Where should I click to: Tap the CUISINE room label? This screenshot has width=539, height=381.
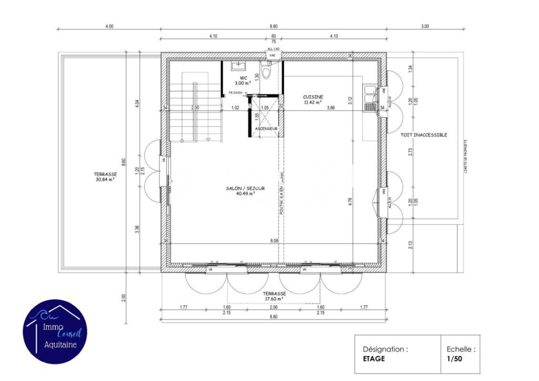[x=313, y=97]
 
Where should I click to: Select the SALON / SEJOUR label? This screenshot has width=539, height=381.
[x=245, y=188]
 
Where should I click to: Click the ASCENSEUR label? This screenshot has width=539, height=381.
[x=266, y=128]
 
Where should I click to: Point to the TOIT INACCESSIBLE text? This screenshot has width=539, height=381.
[x=423, y=135]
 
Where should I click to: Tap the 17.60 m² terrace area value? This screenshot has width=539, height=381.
[x=274, y=299]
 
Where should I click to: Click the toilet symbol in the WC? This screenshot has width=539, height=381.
[x=266, y=72]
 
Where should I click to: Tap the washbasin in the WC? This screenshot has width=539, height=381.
[x=239, y=66]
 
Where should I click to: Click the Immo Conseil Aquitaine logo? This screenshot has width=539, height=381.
[x=55, y=331]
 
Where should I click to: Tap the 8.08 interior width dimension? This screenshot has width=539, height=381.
[x=274, y=240]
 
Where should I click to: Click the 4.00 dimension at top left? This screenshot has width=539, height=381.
[x=109, y=26]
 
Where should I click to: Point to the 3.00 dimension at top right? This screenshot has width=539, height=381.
[x=425, y=26]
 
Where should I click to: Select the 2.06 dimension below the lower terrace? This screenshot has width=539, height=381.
[x=273, y=307]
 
